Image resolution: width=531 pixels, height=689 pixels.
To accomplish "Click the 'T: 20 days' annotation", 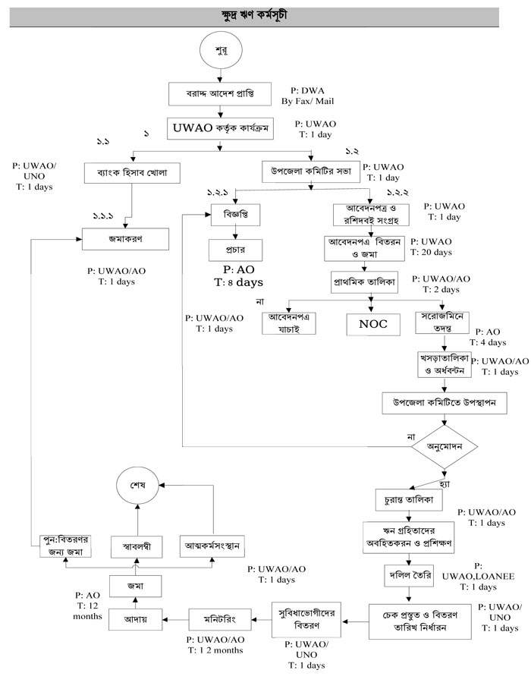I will coord(431,251).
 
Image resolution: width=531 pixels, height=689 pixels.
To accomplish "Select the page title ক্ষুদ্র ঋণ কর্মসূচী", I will coord(265,14).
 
